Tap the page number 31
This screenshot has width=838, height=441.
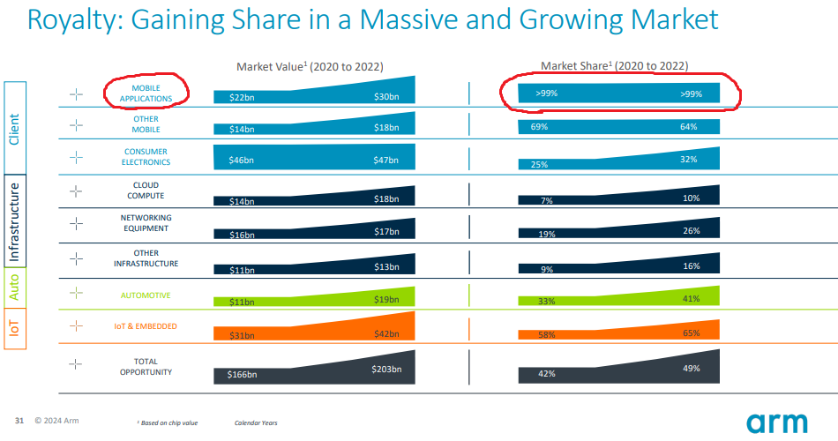[19, 420]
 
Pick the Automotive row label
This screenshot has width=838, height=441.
[146, 295]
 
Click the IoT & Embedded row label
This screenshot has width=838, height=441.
[146, 326]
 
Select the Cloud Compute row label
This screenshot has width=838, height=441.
[146, 191]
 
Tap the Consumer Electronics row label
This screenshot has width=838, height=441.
[146, 157]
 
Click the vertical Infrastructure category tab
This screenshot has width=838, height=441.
[15, 223]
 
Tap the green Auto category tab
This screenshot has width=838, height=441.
[15, 288]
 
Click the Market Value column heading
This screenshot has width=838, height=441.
[310, 66]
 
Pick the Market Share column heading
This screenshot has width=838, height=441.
[614, 65]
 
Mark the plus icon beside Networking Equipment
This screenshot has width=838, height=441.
[76, 224]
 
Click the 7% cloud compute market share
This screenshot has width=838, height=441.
[546, 201]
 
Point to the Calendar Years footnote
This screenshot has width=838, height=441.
[256, 423]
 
